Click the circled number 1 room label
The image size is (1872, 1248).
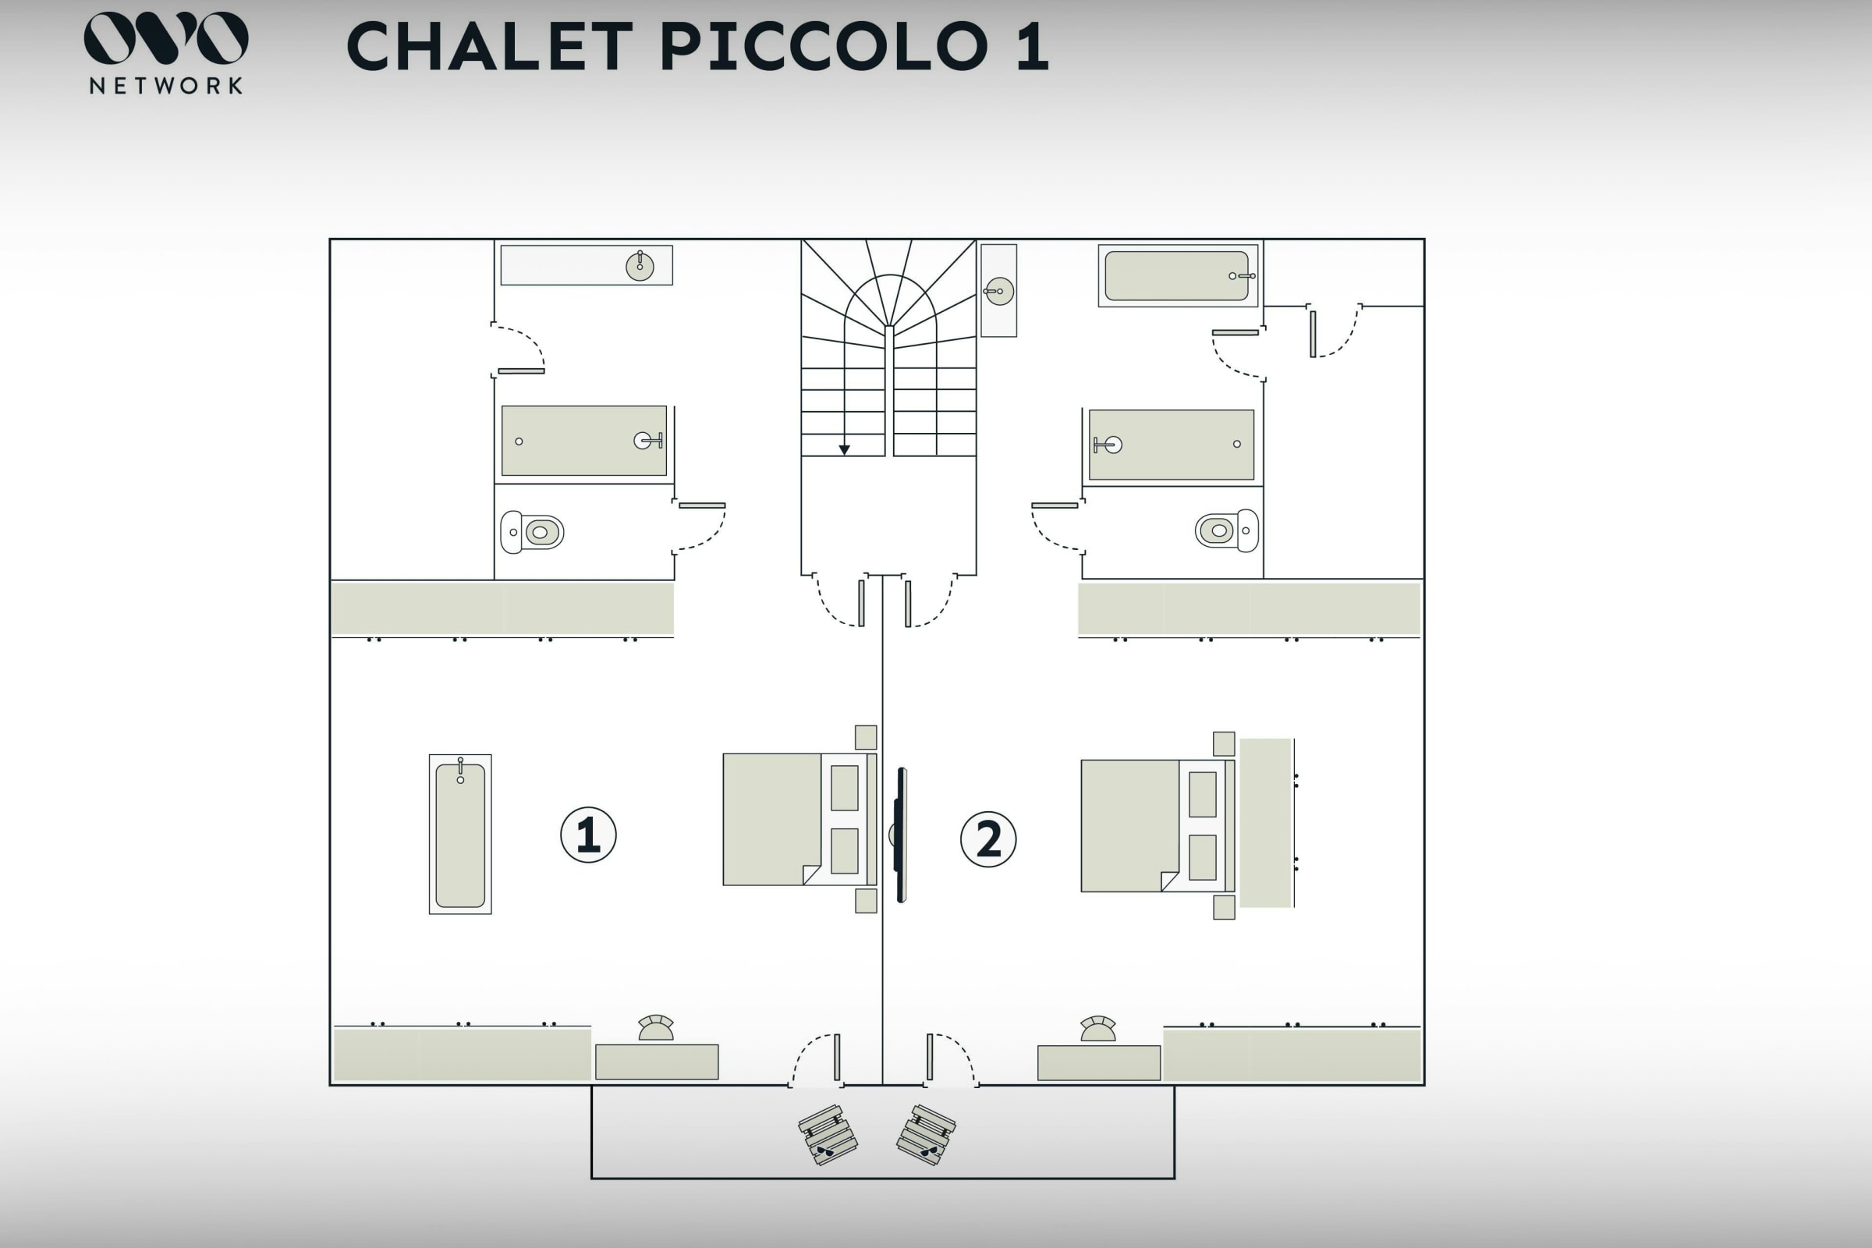click(588, 834)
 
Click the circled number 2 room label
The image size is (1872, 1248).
click(988, 839)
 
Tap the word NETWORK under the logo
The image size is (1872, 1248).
click(166, 86)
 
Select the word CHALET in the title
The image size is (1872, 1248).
click(491, 46)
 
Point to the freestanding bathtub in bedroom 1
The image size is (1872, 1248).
click(460, 834)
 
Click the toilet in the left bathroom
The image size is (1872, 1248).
click(532, 532)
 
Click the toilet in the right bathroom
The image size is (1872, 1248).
click(1226, 530)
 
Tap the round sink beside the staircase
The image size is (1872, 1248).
click(999, 291)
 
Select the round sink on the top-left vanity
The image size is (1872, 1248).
click(640, 266)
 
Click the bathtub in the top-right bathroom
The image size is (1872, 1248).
click(1178, 275)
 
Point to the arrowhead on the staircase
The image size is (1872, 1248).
click(845, 450)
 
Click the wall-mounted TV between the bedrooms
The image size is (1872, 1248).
click(901, 835)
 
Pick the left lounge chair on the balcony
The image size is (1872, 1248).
click(828, 1134)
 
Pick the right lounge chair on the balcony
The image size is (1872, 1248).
click(927, 1134)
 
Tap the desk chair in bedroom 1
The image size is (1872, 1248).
click(656, 1027)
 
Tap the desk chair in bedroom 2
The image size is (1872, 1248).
click(1097, 1028)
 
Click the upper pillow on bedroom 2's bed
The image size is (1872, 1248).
click(1203, 793)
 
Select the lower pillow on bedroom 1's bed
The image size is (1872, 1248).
click(845, 851)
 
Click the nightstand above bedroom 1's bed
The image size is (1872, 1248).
click(866, 737)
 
